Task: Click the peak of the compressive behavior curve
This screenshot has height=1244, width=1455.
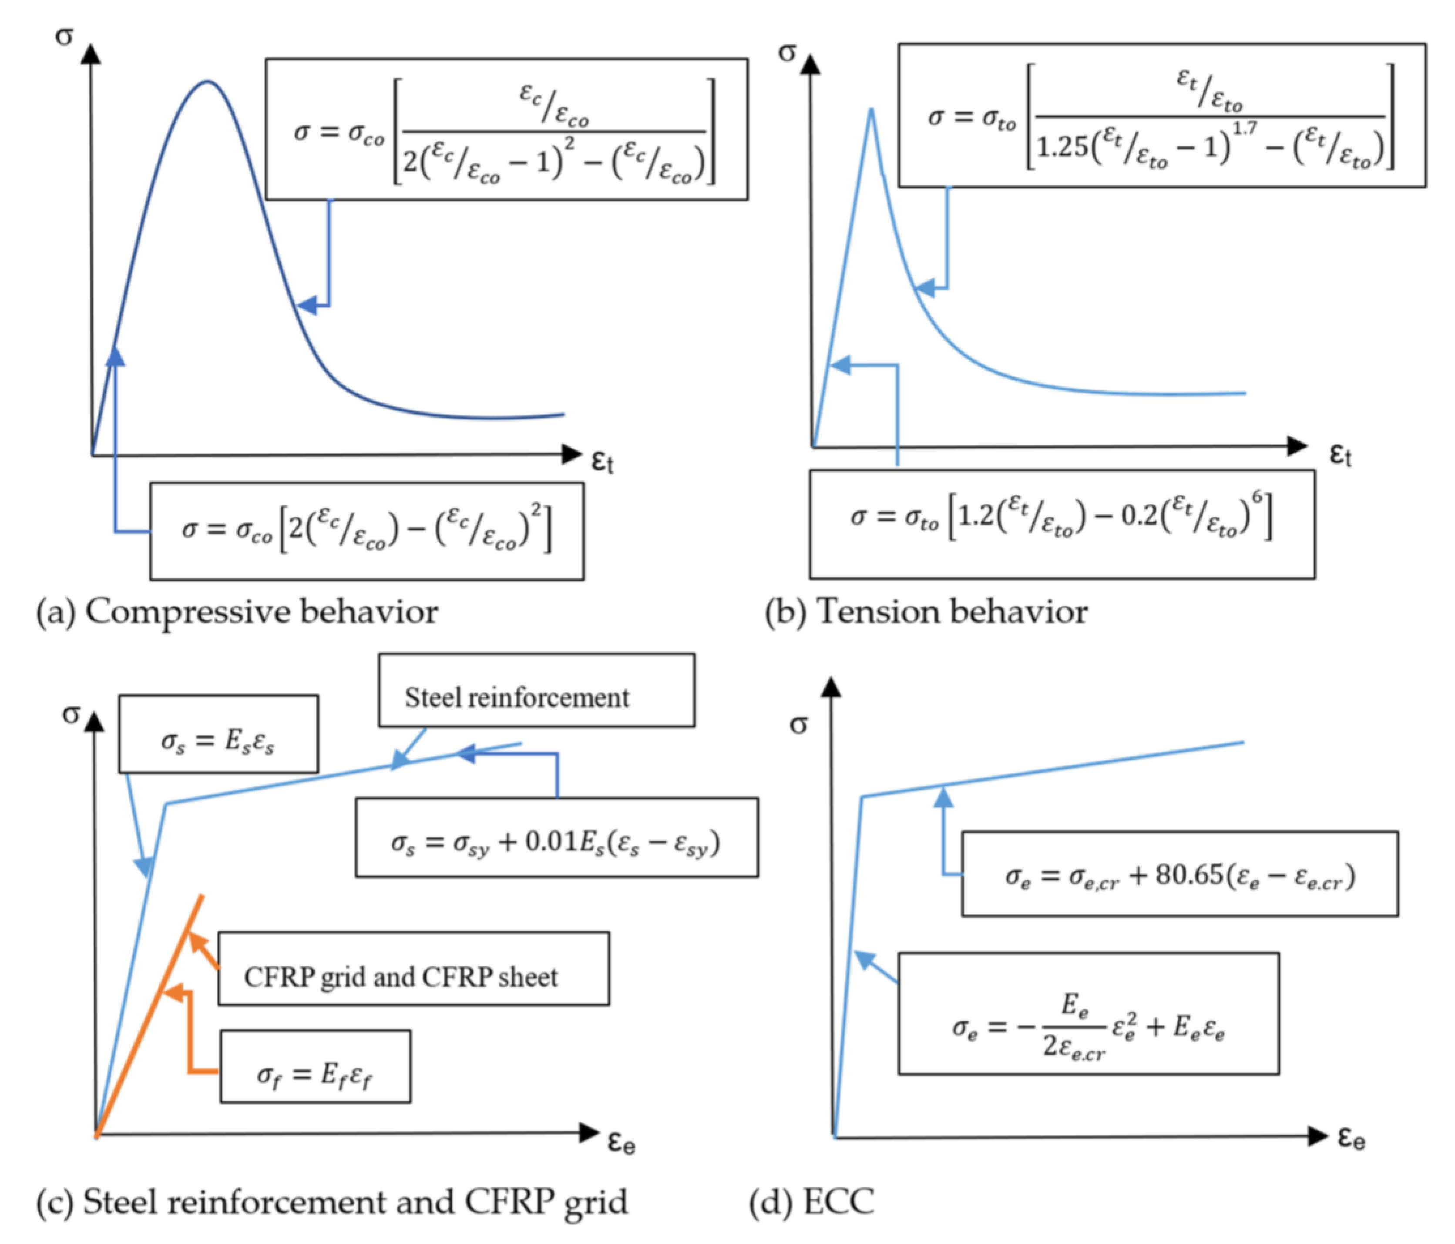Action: [207, 81]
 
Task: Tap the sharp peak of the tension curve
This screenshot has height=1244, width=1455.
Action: [871, 110]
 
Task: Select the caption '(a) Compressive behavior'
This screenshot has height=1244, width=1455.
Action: [237, 611]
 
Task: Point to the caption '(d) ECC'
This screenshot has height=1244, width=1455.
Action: [811, 1201]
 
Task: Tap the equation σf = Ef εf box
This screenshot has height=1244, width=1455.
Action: [315, 1066]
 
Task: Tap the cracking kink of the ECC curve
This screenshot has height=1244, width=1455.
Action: [862, 797]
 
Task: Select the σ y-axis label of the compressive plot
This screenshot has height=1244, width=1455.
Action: [64, 35]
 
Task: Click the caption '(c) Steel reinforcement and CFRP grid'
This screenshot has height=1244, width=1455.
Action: [332, 1201]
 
